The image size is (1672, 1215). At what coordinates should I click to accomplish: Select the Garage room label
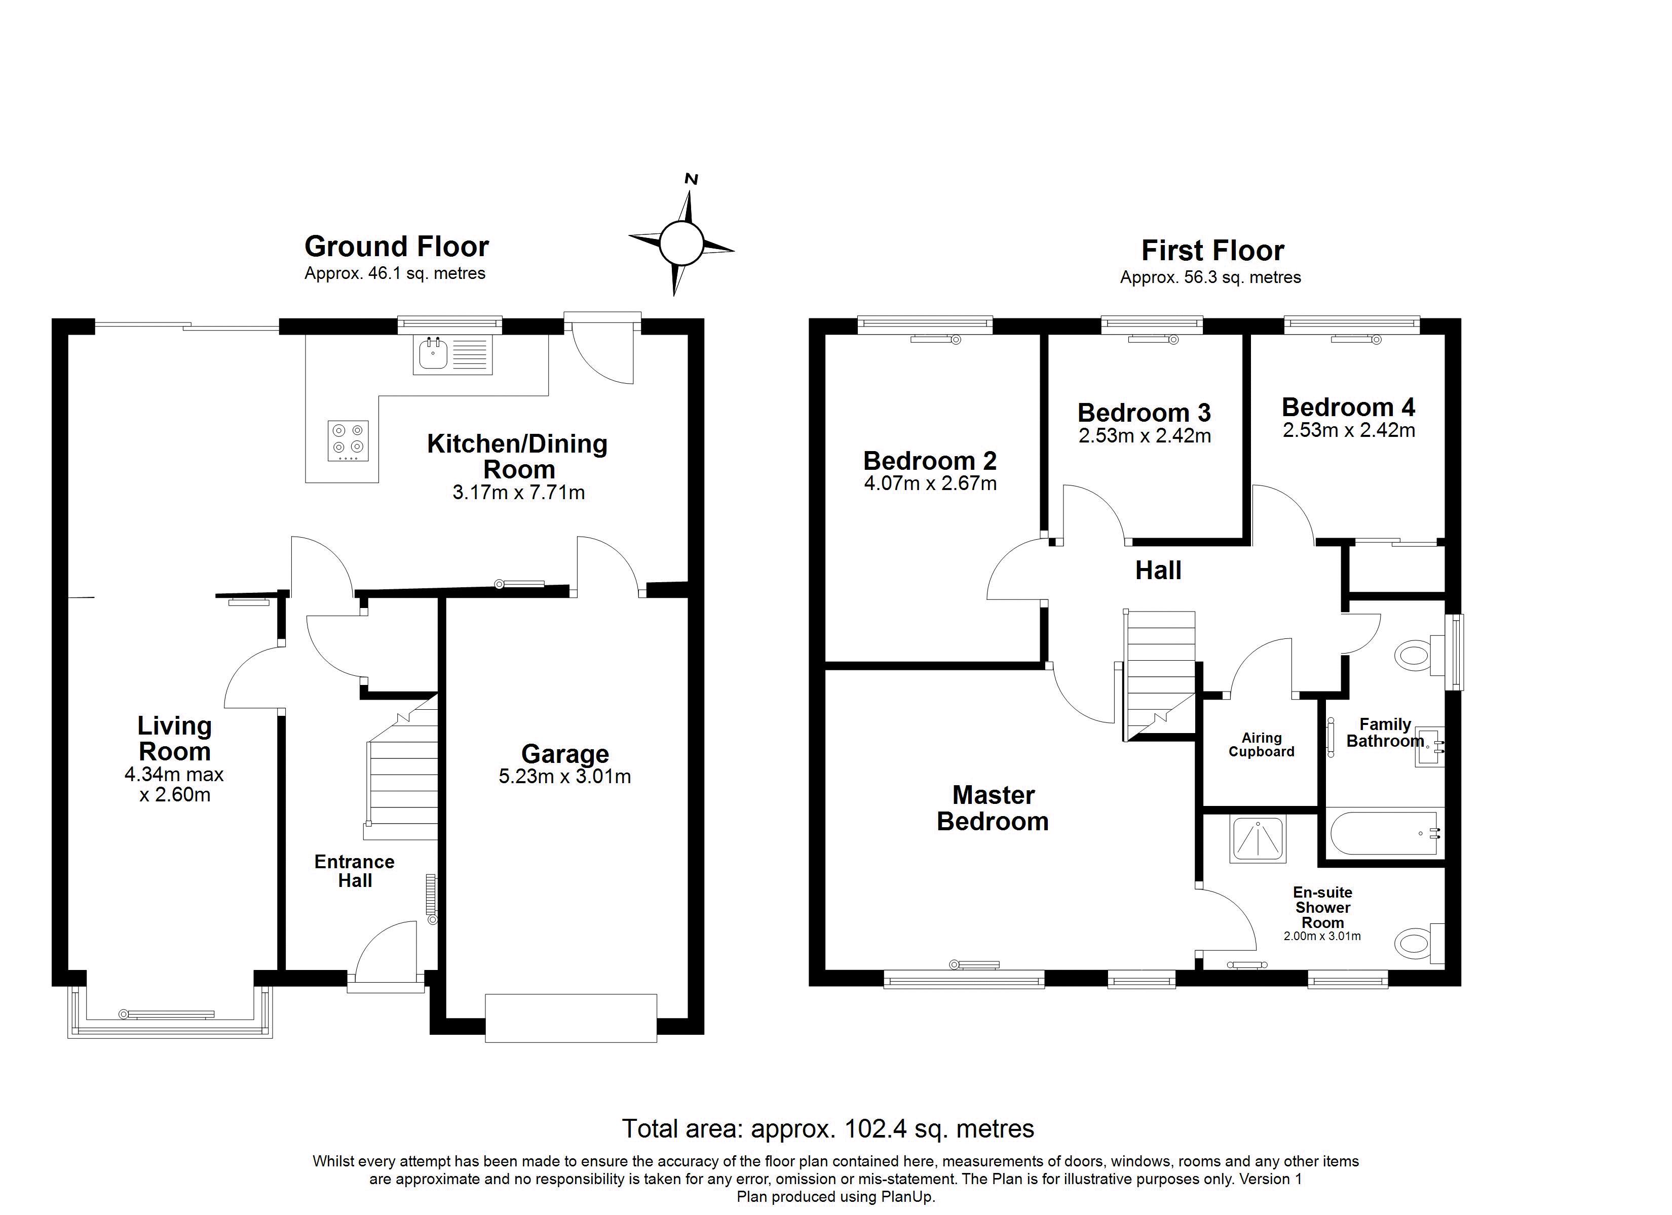(565, 754)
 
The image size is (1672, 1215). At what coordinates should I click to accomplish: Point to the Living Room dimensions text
(175, 785)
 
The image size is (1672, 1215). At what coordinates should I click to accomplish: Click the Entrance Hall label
(355, 871)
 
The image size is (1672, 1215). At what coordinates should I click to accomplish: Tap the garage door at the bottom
(571, 1018)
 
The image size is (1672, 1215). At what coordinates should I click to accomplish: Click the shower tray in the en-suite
(1258, 838)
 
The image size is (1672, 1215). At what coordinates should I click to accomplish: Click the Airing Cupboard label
(1262, 744)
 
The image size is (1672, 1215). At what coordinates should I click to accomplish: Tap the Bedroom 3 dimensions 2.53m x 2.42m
(1145, 436)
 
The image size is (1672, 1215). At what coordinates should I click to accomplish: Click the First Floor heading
(1213, 251)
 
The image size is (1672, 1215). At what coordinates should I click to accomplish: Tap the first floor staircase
(1158, 675)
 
